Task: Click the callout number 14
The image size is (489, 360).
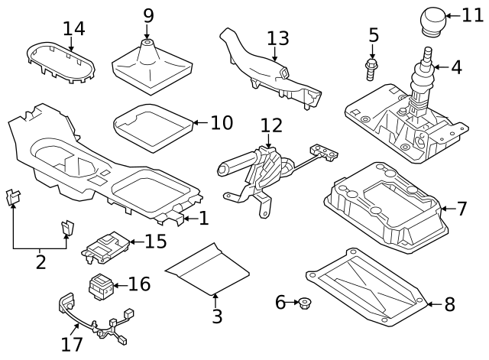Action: click(x=74, y=29)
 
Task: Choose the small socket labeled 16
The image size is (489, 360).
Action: click(x=102, y=287)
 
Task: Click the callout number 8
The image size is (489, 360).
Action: click(x=449, y=304)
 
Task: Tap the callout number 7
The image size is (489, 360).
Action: click(x=461, y=208)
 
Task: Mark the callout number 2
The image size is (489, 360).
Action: click(x=40, y=264)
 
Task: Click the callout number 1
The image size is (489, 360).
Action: click(x=203, y=219)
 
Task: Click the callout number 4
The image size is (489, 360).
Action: click(x=456, y=67)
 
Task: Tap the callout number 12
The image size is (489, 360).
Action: click(x=270, y=125)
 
